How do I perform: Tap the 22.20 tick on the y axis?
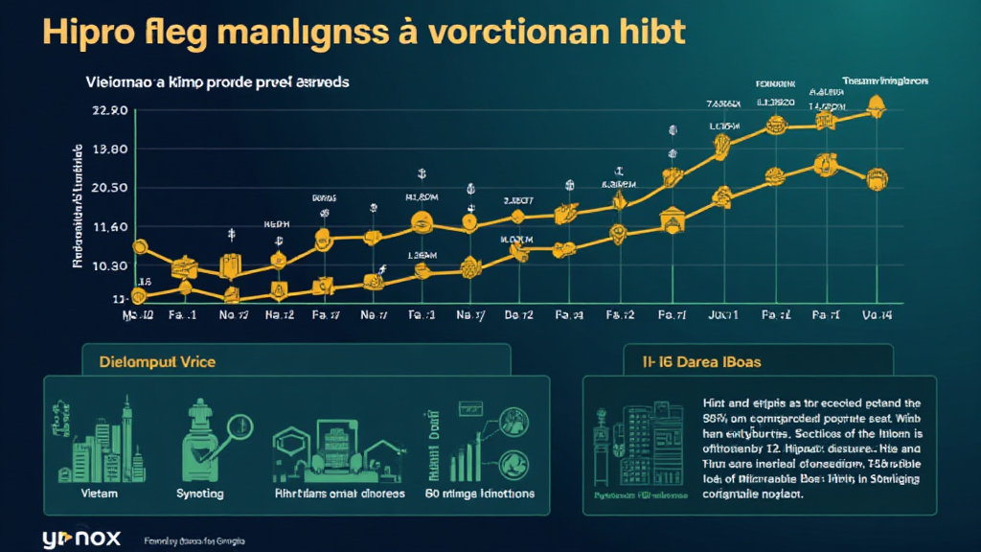[108, 111]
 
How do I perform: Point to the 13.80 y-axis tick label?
[108, 149]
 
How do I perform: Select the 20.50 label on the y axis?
[108, 188]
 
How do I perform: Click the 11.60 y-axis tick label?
[108, 227]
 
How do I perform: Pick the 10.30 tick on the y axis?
[108, 265]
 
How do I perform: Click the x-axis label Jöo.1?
[722, 314]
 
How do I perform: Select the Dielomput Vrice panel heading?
[157, 362]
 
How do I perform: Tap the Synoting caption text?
[200, 494]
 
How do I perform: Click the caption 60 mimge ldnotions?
[479, 494]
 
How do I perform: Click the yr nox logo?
[81, 538]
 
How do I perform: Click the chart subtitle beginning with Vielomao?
[216, 82]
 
